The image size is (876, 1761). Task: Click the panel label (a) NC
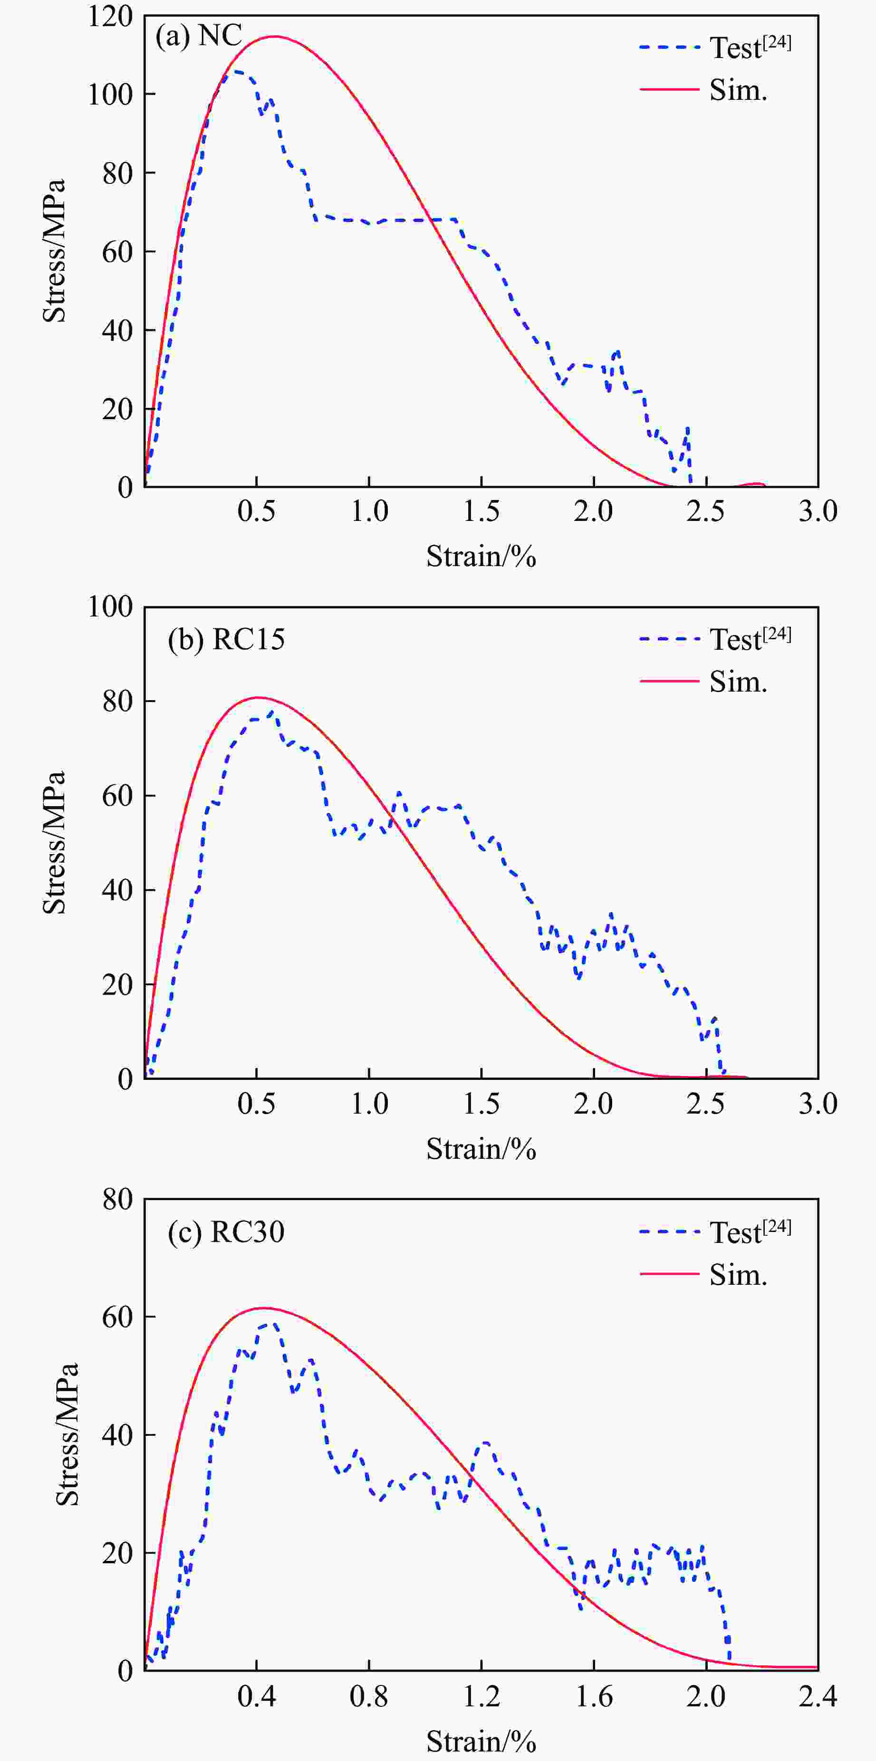coord(198,36)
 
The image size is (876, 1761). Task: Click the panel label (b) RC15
coord(226,640)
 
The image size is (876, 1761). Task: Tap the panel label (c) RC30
coord(226,1232)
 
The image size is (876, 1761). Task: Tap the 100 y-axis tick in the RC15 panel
coord(110,607)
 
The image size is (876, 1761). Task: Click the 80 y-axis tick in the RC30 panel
coord(117,1199)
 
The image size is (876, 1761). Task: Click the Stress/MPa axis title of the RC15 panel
coord(55,842)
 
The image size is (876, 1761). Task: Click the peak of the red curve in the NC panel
coord(274,37)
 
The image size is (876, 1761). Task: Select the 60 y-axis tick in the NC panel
coord(117,251)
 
